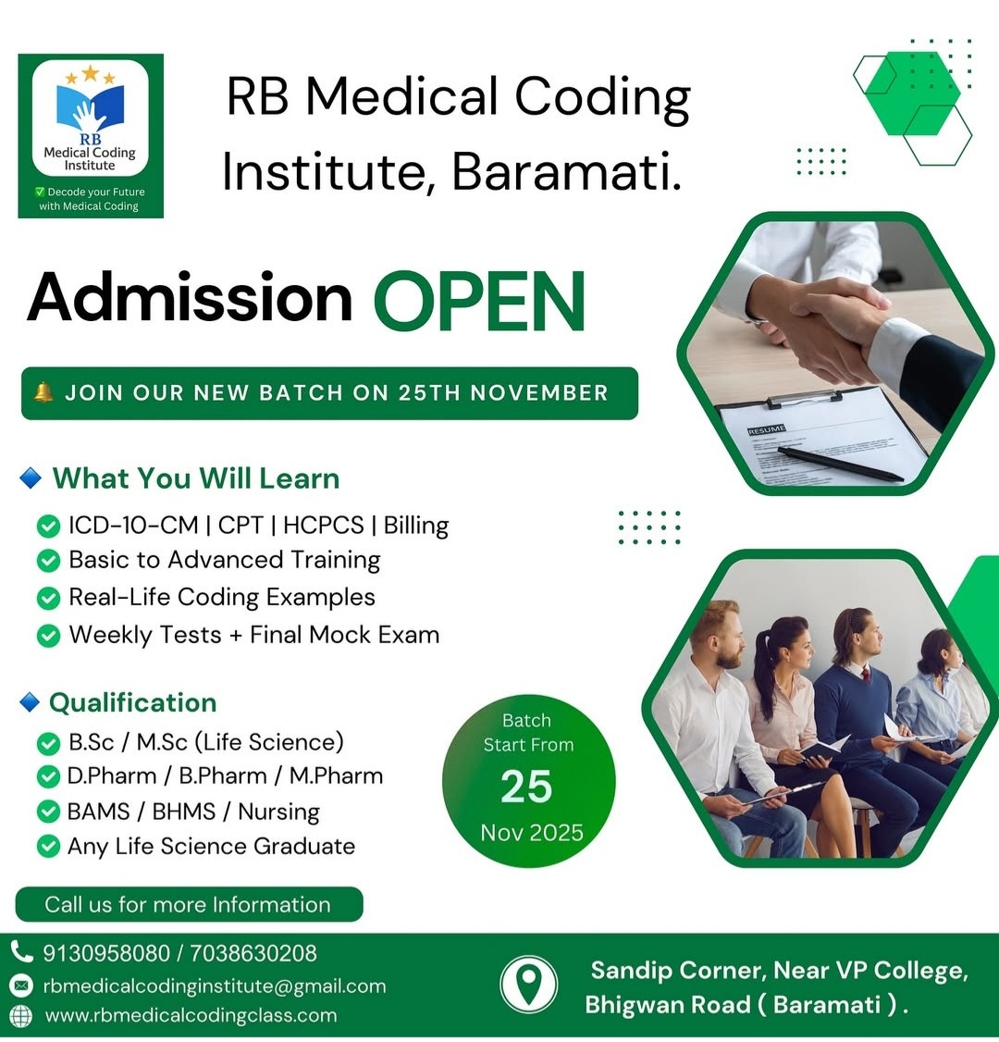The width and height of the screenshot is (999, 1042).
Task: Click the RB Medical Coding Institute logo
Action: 90,135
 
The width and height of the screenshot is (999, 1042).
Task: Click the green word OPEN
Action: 479,301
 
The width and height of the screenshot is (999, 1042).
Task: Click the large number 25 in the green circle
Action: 526,788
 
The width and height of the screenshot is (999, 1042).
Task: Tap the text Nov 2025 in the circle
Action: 532,833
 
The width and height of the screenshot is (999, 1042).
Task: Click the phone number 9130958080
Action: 106,953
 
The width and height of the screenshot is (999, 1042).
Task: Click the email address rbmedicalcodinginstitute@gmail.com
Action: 214,986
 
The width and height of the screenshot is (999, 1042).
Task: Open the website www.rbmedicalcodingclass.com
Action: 191,1016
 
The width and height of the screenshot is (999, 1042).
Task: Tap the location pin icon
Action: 528,984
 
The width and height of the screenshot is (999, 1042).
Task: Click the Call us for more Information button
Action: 188,905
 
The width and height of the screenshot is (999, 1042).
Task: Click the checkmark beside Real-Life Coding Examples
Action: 48,599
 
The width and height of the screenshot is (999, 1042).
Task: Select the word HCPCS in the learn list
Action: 323,526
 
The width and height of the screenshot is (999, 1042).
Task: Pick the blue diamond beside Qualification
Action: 30,703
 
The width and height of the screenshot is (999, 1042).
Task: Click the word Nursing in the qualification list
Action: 278,812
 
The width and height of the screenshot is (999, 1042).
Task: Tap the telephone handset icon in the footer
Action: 21,951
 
